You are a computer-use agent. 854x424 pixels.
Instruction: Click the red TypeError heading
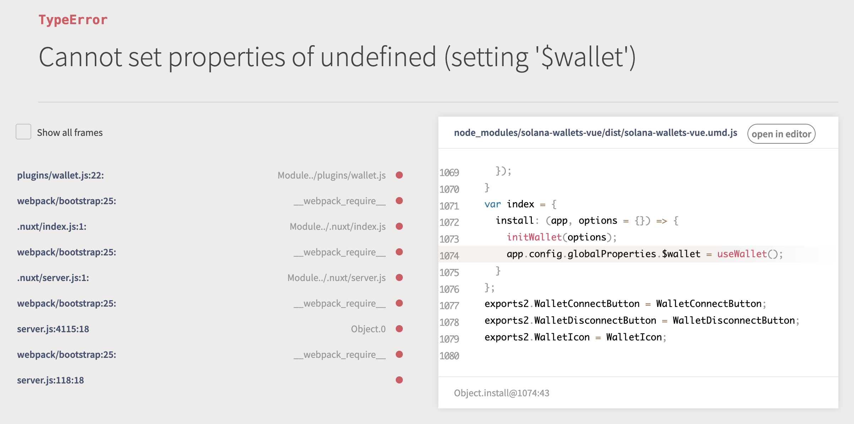click(x=73, y=20)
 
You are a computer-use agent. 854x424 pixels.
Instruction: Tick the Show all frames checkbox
click(x=23, y=132)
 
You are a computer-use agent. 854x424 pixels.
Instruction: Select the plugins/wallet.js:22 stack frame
click(x=60, y=175)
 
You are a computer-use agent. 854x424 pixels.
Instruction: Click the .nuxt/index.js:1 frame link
click(x=52, y=227)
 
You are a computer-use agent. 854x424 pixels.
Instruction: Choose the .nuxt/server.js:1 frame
click(x=53, y=278)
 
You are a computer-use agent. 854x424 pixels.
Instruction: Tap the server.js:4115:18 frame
click(x=53, y=329)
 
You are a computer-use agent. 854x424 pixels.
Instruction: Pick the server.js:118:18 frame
click(x=50, y=380)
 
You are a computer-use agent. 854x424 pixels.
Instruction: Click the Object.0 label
click(x=368, y=329)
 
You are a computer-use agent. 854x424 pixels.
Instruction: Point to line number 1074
click(x=449, y=256)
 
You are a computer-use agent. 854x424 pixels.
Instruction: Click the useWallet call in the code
click(x=742, y=254)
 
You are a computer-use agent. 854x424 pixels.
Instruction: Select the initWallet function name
click(x=534, y=237)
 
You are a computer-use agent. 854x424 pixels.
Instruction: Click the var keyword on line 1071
click(x=492, y=204)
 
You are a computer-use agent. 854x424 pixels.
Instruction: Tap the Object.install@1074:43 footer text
click(x=502, y=393)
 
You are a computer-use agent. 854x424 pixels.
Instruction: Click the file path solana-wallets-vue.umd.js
click(x=595, y=133)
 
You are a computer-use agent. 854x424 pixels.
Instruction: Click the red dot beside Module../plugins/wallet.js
click(x=399, y=175)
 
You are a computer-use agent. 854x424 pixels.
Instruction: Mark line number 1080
click(x=449, y=356)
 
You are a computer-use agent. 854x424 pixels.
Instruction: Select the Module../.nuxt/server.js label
click(x=336, y=278)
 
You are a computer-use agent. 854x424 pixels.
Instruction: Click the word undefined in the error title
click(x=378, y=57)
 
